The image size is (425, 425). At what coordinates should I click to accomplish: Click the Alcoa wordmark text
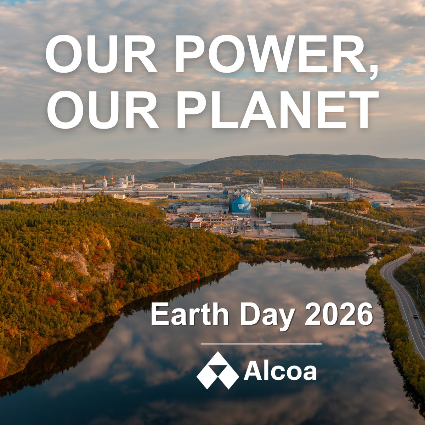pos(280,372)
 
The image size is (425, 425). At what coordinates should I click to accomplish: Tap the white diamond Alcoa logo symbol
pos(217,370)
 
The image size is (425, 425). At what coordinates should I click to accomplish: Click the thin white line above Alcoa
pos(261,344)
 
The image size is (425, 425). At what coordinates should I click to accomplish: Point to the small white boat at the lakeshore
pos(369,254)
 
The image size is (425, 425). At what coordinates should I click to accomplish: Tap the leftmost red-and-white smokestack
pos(84,183)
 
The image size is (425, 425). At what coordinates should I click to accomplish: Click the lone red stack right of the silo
pos(282,183)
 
